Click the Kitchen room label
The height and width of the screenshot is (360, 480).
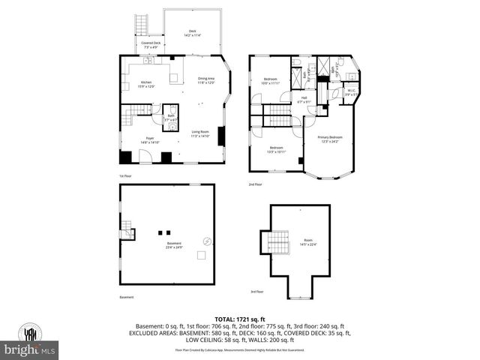point(146,83)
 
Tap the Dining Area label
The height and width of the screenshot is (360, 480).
point(206,80)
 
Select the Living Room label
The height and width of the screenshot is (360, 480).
point(199,134)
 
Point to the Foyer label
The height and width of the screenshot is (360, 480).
point(150,139)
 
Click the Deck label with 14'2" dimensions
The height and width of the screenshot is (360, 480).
point(192,32)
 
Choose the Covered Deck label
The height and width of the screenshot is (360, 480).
point(149,45)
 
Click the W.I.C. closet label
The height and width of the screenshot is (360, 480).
point(351,93)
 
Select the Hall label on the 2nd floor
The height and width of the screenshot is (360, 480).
point(304,97)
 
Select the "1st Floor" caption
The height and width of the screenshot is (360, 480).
point(126,177)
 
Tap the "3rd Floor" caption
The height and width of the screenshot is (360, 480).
point(256,292)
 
